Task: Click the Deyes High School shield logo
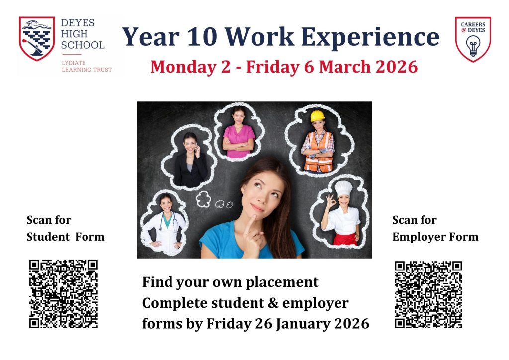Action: click(x=37, y=38)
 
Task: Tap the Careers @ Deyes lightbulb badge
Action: click(x=473, y=39)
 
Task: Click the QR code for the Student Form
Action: click(x=63, y=294)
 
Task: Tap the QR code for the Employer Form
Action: click(x=428, y=294)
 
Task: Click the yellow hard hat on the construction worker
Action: click(x=317, y=116)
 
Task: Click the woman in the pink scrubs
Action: click(x=239, y=134)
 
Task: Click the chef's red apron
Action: click(x=345, y=239)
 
